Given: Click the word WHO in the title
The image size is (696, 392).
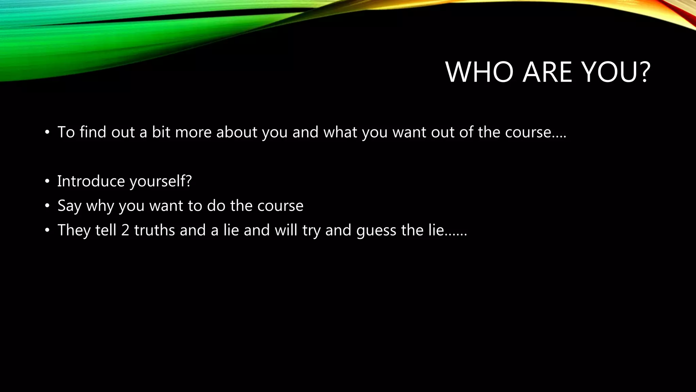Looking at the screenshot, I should coord(479,72).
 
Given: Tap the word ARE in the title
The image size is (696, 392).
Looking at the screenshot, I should coord(547,72).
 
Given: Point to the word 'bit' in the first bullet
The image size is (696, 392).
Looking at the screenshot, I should coord(161,132).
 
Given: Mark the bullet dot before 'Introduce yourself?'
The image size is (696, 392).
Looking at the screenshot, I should coord(47,181).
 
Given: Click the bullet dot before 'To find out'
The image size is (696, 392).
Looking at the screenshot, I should coord(47,132).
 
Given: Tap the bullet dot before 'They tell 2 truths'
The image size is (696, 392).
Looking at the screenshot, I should coord(47,230).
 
